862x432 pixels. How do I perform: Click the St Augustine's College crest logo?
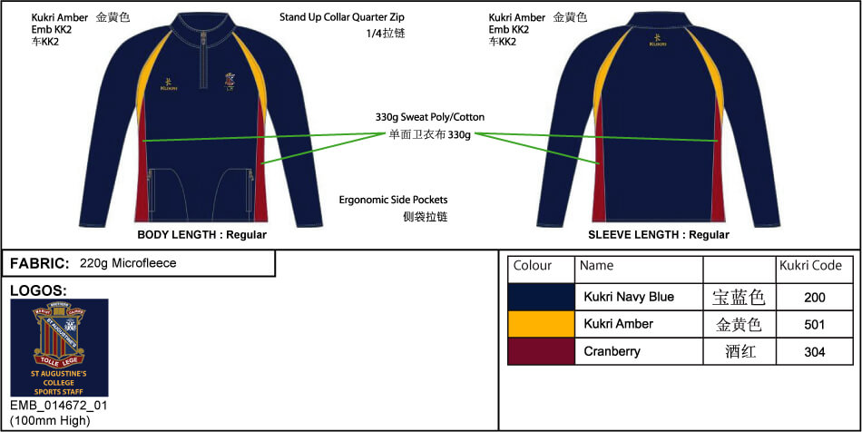click(59, 347)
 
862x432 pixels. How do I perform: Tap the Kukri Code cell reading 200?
click(814, 297)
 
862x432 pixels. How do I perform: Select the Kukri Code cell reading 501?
click(814, 324)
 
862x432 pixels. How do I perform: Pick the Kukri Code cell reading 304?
click(814, 351)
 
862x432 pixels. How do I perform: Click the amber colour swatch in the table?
click(541, 324)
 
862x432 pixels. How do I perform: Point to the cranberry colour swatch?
click(541, 351)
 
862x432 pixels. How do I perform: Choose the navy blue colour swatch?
click(541, 297)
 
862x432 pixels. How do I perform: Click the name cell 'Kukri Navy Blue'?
click(629, 297)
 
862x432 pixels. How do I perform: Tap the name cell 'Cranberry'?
click(612, 351)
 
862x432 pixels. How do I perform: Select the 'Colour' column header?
click(533, 266)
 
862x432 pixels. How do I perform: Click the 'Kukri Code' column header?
click(810, 266)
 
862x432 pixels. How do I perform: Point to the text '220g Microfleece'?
click(128, 263)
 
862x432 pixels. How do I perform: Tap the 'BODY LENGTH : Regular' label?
click(201, 235)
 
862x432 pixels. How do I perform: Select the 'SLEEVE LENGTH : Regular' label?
click(658, 235)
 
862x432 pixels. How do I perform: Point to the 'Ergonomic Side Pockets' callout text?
click(393, 200)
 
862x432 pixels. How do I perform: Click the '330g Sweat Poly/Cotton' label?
click(429, 117)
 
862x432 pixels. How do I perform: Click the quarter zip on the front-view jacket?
click(206, 68)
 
